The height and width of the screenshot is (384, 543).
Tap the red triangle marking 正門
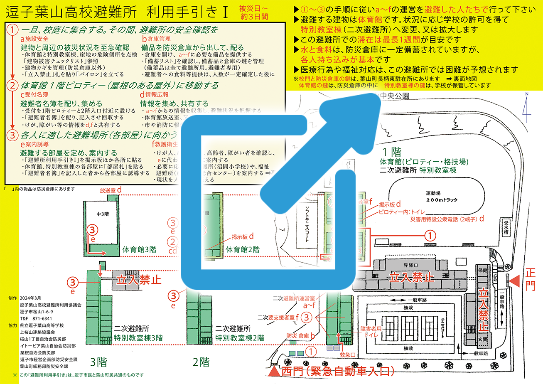coord(514,281)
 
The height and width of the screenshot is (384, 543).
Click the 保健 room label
coord(482,270)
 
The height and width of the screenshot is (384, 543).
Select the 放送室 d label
coord(110,190)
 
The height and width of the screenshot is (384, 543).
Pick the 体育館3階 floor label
coord(139,250)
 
